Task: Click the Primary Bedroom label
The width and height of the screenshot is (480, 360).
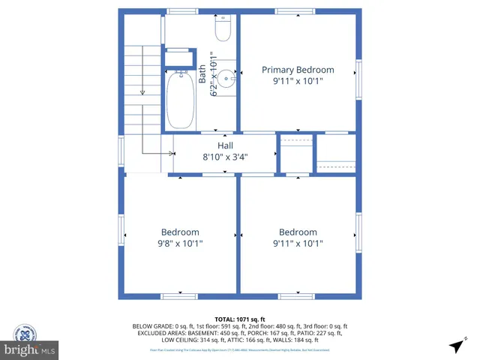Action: [298, 70]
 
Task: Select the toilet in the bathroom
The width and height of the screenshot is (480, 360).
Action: [223, 28]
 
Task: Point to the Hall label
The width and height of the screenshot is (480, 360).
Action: [225, 145]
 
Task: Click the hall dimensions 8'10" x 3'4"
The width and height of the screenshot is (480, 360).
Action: [225, 157]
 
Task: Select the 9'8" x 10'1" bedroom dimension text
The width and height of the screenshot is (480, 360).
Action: [180, 244]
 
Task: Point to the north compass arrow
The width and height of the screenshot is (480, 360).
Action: [455, 346]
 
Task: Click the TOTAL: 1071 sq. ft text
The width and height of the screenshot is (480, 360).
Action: [240, 319]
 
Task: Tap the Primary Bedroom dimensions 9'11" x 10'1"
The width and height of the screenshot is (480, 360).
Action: [298, 81]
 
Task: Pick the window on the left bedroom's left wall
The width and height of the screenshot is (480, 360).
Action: [121, 229]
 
